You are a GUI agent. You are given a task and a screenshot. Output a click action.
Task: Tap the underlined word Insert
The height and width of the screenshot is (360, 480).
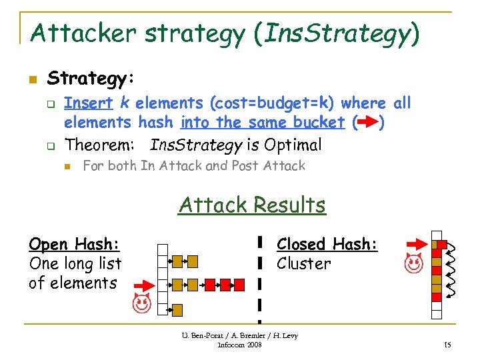coord(88,103)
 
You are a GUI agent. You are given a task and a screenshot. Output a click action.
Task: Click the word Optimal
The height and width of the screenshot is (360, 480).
coord(293,145)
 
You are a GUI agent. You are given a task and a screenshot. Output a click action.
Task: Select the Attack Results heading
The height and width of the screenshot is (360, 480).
coord(252,205)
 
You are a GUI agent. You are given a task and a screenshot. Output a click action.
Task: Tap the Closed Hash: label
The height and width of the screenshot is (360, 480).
coord(327,244)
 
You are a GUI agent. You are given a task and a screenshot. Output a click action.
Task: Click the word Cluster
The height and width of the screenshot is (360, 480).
coord(303,263)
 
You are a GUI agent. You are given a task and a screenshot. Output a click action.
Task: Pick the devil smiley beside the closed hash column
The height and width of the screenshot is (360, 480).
coord(414,266)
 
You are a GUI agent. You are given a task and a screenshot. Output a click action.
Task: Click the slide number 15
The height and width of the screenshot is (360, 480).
coord(448,344)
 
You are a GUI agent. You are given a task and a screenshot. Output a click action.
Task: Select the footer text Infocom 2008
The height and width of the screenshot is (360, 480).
coord(240,345)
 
